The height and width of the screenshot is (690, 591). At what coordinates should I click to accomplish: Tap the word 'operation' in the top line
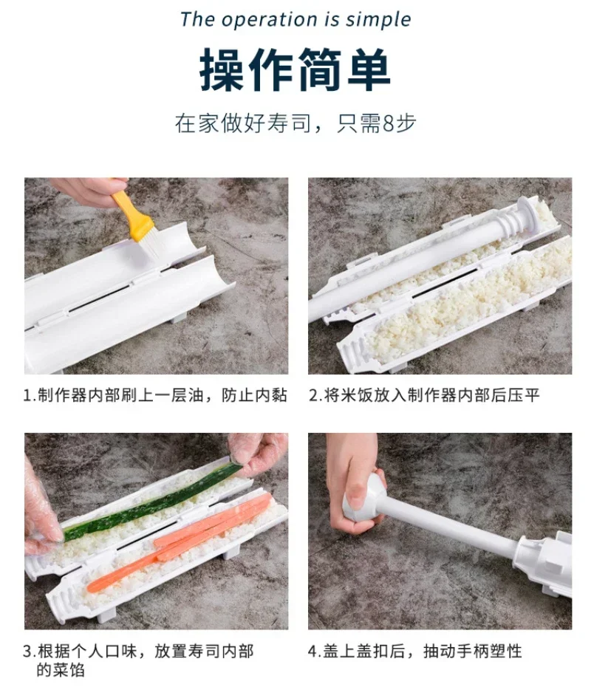[269, 20]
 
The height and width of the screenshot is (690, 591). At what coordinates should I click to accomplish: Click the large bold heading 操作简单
[295, 70]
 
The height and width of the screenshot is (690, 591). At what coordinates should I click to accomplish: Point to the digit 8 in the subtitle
[388, 123]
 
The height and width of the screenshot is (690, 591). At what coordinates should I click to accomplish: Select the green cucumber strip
[152, 501]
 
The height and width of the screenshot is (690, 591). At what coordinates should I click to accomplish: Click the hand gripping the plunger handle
[355, 484]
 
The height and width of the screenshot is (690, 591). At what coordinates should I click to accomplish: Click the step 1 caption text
[155, 395]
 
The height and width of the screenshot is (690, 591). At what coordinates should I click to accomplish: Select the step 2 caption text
[424, 395]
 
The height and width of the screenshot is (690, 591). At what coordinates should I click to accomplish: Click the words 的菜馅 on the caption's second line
[61, 671]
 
